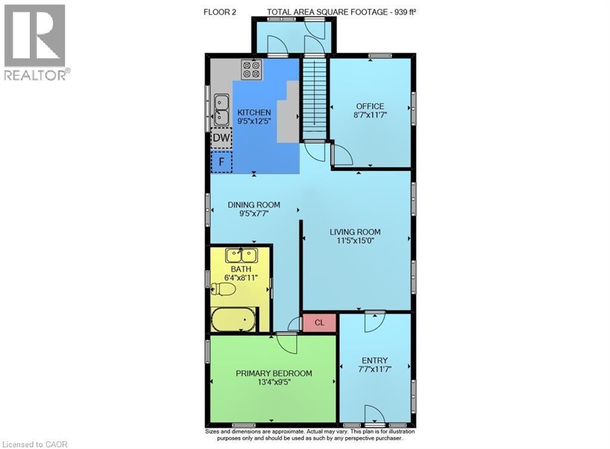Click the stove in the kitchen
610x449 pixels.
pos(251,70)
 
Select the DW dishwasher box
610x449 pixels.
pos(222,139)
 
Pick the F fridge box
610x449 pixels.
pos(222,161)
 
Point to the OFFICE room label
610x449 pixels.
pos(370,107)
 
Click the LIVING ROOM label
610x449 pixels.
pos(356,232)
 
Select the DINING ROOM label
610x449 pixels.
pos(254,205)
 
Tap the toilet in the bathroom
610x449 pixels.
pos(224,289)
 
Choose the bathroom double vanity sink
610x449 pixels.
pos(241,255)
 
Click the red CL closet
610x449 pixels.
pos(319,322)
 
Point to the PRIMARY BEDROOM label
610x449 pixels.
pos(273,373)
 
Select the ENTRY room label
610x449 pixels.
pos(375,360)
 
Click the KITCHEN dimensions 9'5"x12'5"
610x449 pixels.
pos(254,121)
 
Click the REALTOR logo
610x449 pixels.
pos(35,42)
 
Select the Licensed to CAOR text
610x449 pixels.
pos(36,442)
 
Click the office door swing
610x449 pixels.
pos(342,155)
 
